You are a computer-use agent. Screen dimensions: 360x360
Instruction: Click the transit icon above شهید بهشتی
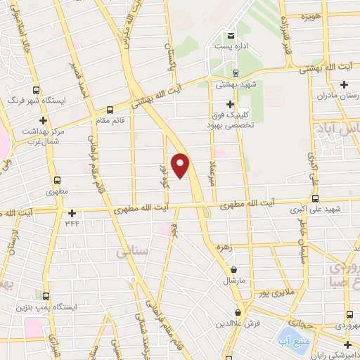[x=235, y=72]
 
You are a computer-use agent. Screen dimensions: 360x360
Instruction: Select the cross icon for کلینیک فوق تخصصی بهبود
[x=230, y=104]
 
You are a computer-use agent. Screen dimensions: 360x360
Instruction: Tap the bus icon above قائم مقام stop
[x=110, y=110]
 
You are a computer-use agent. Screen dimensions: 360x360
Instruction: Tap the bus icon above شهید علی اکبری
[x=314, y=198]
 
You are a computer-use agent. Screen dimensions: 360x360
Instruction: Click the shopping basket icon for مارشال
[x=233, y=269]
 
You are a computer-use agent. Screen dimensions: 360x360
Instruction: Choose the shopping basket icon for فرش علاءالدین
[x=239, y=312]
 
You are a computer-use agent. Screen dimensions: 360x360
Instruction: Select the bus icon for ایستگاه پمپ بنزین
[x=46, y=296]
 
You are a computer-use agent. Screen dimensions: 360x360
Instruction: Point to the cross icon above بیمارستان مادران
[x=344, y=85]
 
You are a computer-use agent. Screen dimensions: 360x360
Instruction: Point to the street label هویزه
[x=310, y=15]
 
